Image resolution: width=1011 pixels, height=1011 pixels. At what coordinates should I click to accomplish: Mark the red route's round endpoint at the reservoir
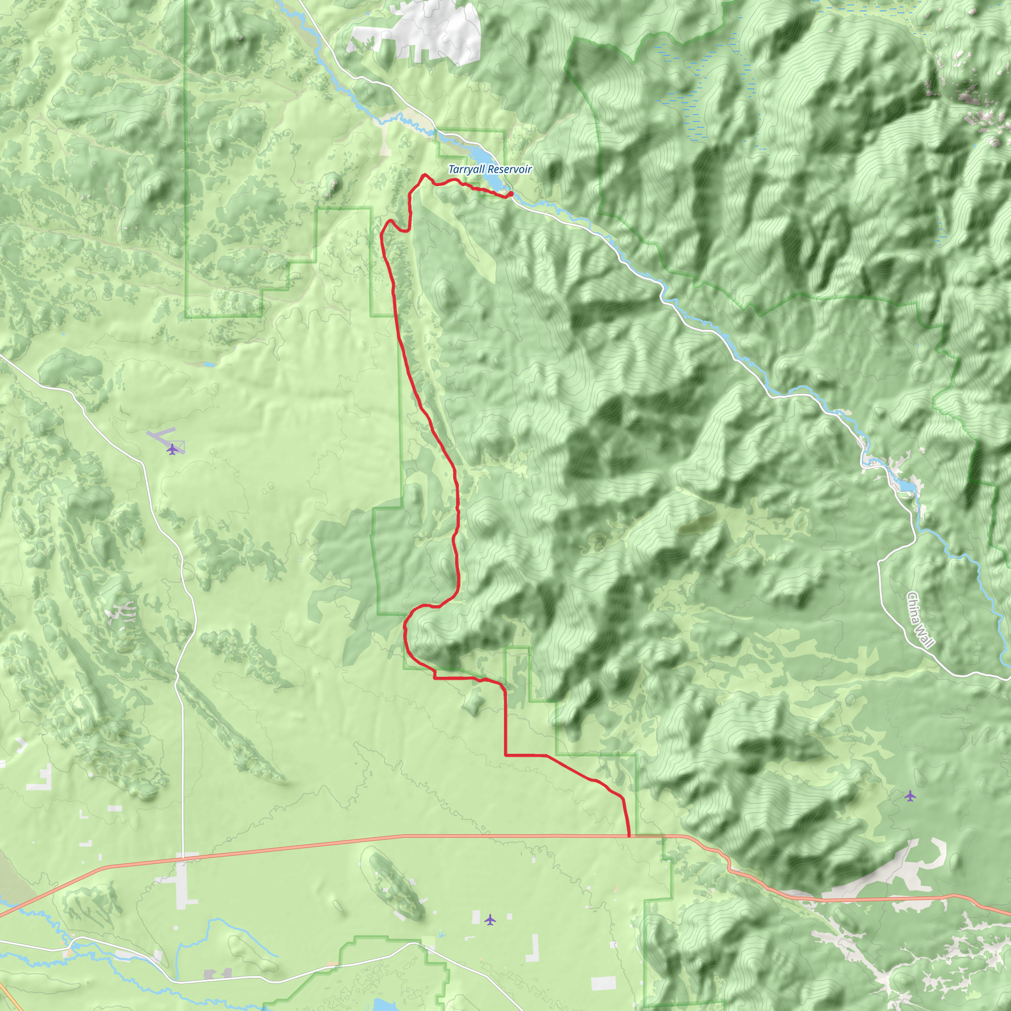510,194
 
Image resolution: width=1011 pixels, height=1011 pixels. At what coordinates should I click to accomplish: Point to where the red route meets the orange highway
628,836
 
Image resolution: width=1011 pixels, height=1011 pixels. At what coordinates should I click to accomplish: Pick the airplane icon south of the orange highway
490,919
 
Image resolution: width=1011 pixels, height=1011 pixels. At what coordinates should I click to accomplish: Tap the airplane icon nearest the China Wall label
910,796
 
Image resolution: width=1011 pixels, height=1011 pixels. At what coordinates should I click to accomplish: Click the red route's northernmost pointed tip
425,174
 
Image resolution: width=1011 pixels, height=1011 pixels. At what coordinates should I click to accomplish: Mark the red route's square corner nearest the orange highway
505,755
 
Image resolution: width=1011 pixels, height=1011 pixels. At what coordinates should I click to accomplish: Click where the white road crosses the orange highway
182,857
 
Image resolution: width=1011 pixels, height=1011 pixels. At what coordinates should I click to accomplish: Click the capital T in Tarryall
452,169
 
